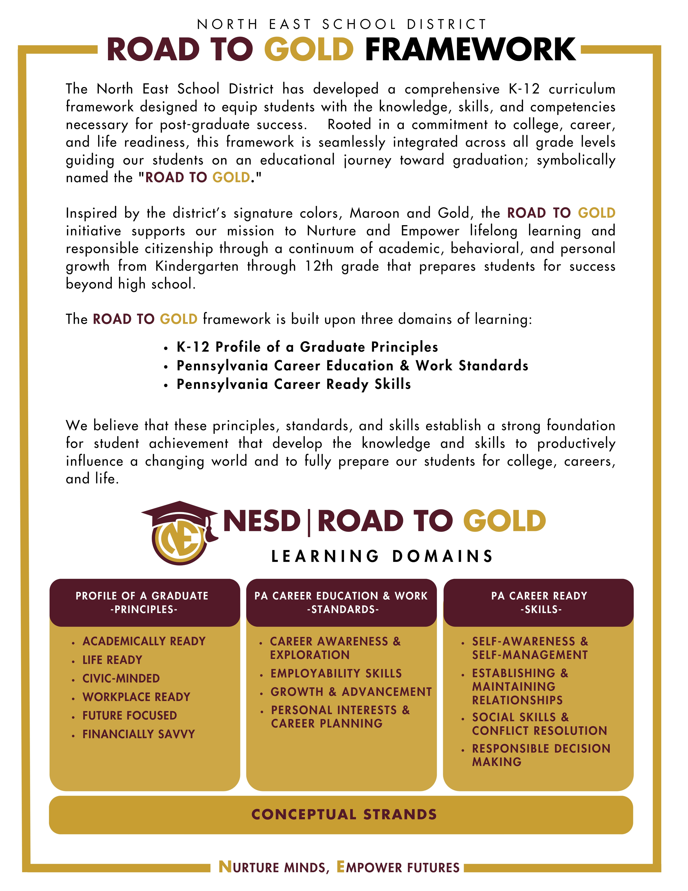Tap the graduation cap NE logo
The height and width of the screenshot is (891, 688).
tap(179, 533)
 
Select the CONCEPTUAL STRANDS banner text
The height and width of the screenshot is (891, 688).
tap(344, 814)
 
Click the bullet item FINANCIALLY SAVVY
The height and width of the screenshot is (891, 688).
tap(139, 734)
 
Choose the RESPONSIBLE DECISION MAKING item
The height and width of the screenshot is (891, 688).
tap(541, 755)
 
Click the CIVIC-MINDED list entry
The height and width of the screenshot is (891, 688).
tap(121, 678)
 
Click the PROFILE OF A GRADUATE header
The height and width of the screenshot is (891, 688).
tap(142, 603)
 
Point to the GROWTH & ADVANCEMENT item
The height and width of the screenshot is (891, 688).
tap(351, 692)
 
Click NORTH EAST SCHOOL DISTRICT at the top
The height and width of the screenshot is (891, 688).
tap(342, 25)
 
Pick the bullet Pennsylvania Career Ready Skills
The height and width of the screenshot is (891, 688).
tap(294, 384)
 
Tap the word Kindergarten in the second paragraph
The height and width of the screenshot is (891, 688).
tap(197, 266)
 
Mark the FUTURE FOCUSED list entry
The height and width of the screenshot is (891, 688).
tap(130, 716)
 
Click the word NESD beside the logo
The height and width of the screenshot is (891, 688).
tap(262, 521)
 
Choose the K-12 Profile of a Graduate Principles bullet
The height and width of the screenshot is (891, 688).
tap(307, 347)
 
